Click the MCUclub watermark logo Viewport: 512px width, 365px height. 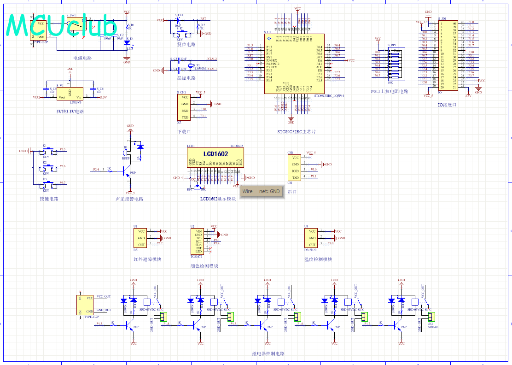62,25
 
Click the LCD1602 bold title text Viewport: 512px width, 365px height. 215,154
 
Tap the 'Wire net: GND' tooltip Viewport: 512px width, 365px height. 262,191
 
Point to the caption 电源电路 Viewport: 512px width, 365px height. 82,59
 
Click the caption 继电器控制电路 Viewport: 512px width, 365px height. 268,354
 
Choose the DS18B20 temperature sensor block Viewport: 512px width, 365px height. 312,238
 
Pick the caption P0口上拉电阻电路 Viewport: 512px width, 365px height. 390,91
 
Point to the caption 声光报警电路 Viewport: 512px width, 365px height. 129,199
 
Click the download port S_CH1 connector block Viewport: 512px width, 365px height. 184,107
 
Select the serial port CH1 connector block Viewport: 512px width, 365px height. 295,168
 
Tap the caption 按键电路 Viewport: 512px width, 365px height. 49,199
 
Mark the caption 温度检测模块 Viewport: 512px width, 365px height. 318,259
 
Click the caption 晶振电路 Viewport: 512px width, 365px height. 186,78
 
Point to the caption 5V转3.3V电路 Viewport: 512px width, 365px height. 70,112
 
